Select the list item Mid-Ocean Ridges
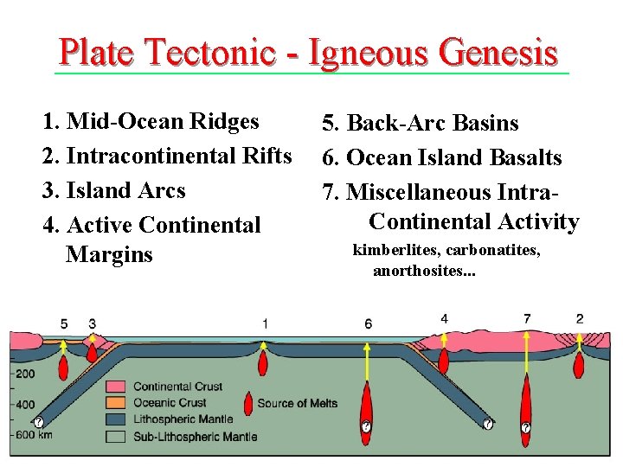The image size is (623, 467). pos(151,121)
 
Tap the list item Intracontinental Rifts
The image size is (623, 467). pos(167,156)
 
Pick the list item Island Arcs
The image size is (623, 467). pos(114,190)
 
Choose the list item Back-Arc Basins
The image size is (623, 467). pos(421,124)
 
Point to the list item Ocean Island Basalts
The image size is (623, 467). pos(442,158)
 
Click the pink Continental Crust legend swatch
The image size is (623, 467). pos(116,387)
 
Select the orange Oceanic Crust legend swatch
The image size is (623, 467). pos(116,403)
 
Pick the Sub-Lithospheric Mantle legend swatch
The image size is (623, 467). pos(116,437)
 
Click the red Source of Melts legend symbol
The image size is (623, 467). pos(248,403)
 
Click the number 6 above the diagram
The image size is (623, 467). pos(369,323)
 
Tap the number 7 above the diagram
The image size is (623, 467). pos(527,319)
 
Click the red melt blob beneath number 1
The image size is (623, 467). pos(263,364)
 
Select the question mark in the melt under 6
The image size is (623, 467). pos(366,426)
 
